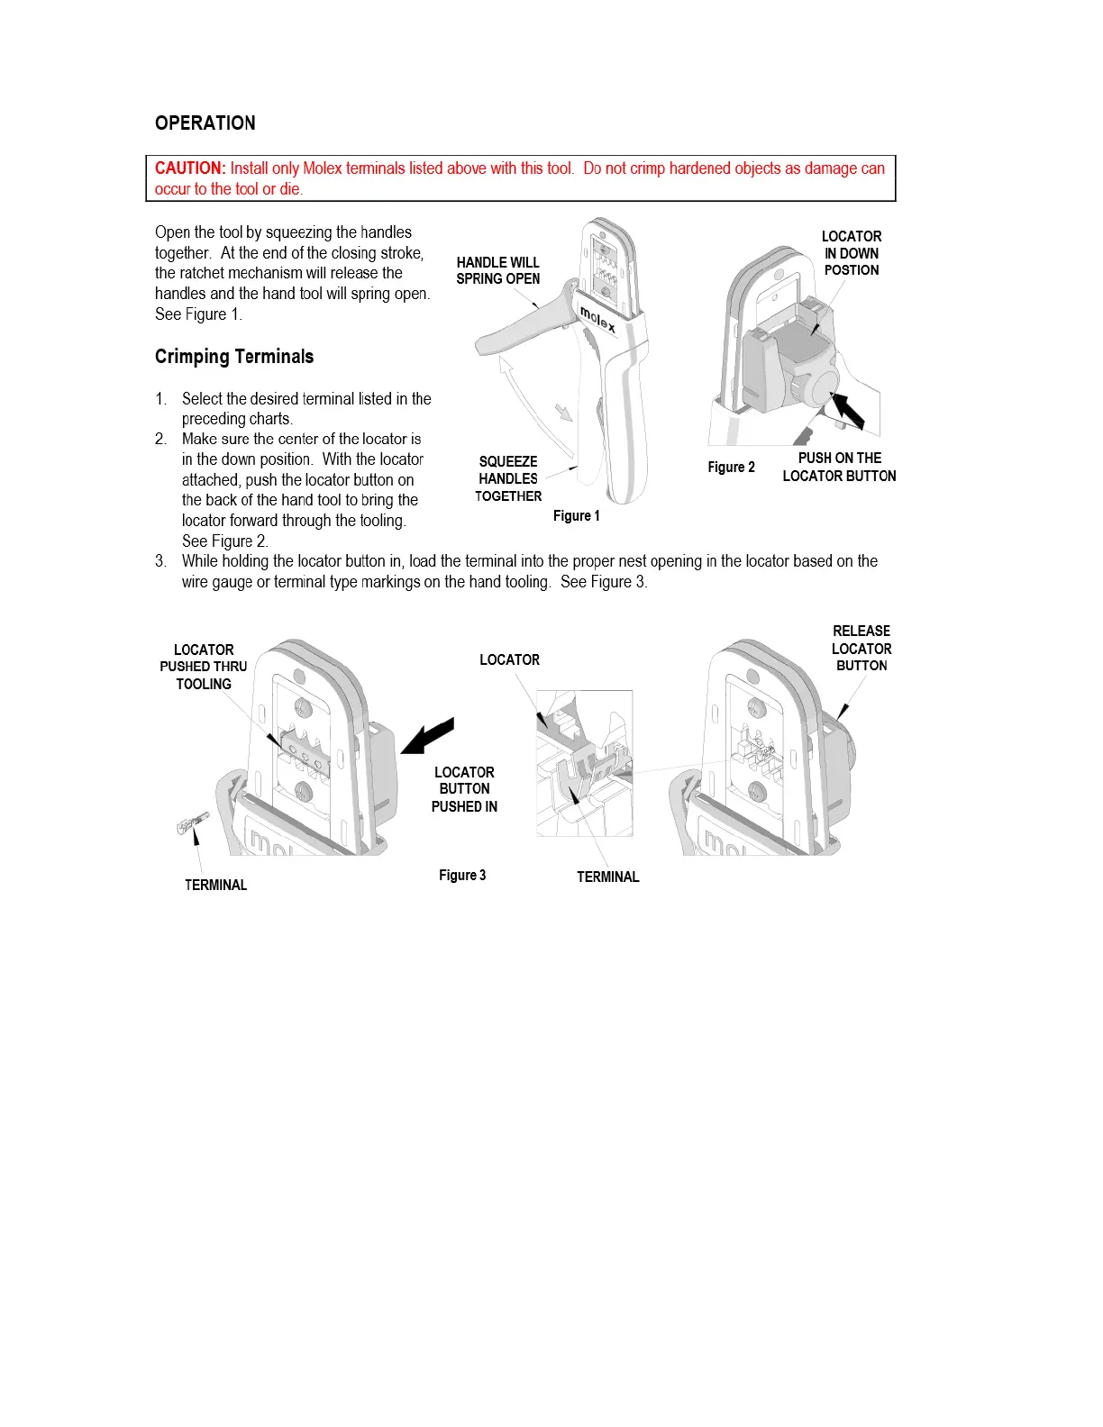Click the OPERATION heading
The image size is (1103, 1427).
click(x=205, y=123)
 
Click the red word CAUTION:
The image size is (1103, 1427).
click(x=189, y=168)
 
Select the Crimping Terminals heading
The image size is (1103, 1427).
click(x=234, y=357)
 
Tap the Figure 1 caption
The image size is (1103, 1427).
click(x=576, y=516)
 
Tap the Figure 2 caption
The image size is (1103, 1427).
click(x=731, y=468)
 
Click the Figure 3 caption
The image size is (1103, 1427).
click(x=462, y=876)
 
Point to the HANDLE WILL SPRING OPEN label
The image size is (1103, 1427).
click(x=497, y=271)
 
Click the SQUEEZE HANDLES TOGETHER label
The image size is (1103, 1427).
click(x=508, y=479)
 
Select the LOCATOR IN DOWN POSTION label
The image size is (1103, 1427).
click(x=852, y=253)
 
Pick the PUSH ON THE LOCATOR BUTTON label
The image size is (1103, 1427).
click(x=839, y=468)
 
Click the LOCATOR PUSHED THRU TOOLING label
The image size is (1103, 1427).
click(x=204, y=668)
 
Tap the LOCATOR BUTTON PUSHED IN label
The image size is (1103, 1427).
click(x=464, y=789)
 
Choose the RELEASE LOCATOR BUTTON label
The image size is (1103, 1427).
click(x=861, y=649)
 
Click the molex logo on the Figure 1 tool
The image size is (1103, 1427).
click(x=598, y=319)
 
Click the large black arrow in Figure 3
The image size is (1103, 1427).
click(x=429, y=736)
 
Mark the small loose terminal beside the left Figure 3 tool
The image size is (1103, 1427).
click(x=192, y=823)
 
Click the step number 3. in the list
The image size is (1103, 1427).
click(x=160, y=561)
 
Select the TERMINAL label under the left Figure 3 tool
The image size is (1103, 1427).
click(x=215, y=886)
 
